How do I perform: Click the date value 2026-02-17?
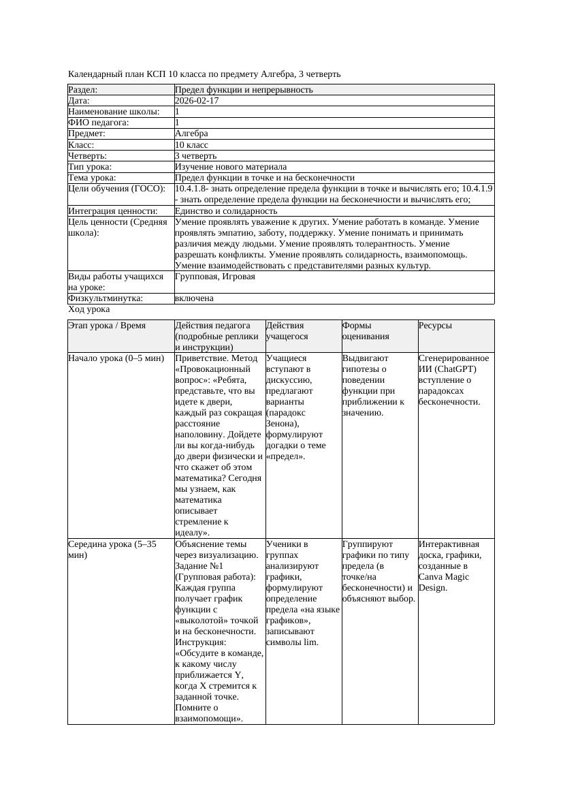(x=197, y=101)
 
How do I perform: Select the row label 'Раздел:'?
(x=83, y=90)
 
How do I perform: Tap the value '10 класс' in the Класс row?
(x=191, y=145)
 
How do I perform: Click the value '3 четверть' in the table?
(x=195, y=156)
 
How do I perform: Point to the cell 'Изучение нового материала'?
(x=230, y=167)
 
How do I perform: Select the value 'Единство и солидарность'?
(x=226, y=211)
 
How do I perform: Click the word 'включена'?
(x=194, y=298)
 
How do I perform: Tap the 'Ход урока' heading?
(x=89, y=309)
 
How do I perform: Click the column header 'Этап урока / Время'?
(x=107, y=326)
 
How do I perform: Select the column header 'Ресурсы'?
(x=435, y=326)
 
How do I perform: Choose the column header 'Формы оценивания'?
(x=365, y=331)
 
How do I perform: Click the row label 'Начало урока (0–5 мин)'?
(x=116, y=358)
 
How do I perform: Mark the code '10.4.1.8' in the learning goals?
(x=191, y=189)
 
